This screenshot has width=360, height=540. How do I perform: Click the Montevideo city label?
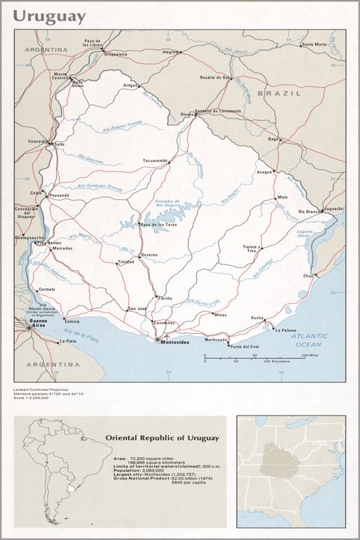(175, 342)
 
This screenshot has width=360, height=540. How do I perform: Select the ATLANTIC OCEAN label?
(308, 340)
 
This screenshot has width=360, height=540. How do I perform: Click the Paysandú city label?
(59, 195)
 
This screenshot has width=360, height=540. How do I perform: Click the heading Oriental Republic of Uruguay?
(162, 438)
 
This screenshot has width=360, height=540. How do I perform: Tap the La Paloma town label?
(285, 330)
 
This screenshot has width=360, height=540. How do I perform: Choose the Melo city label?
(283, 198)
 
